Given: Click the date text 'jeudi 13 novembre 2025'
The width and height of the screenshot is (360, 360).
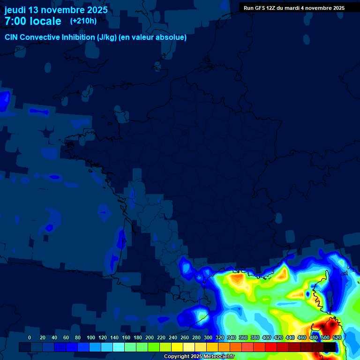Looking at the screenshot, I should (56, 10).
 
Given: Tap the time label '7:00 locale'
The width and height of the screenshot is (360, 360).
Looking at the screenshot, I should (33, 21).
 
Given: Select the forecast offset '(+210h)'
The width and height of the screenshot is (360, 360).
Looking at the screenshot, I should (83, 21).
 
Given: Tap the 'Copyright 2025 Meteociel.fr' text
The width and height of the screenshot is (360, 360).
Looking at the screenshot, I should (199, 357).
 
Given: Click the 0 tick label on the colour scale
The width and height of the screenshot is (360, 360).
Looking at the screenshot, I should (30, 338).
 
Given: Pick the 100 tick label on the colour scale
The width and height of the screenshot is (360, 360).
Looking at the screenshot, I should (90, 338).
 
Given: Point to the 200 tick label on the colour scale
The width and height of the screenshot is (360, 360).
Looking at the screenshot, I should (150, 338).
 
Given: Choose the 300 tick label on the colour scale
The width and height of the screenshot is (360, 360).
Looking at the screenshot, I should (208, 338).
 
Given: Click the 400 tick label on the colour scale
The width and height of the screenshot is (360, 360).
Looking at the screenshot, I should (267, 338).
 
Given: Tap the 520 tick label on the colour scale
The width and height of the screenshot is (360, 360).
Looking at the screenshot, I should (337, 338).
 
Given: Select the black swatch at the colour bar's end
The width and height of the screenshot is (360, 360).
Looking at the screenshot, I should (330, 347).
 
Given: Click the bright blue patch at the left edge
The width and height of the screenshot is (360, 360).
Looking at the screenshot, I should (5, 99).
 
